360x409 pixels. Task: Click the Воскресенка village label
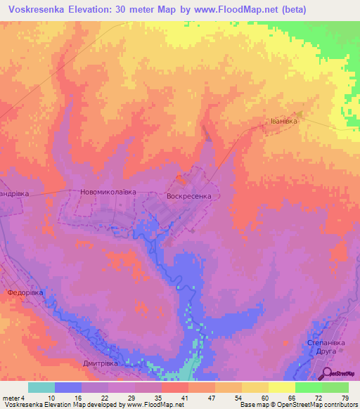point(189,197)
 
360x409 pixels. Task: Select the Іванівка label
point(281,121)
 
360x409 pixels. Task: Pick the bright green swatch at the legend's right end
point(335,387)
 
